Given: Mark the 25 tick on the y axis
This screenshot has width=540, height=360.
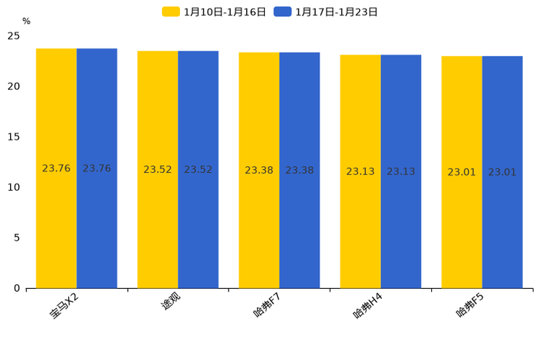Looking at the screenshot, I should pyautogui.click(x=14, y=36).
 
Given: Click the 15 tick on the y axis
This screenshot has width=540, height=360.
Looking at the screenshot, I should pyautogui.click(x=14, y=136).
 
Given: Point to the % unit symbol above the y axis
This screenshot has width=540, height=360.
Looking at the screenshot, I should pyautogui.click(x=26, y=22).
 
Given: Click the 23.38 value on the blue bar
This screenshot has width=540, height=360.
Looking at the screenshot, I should pyautogui.click(x=299, y=171).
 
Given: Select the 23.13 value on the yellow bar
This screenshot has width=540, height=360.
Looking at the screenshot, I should pyautogui.click(x=360, y=172).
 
